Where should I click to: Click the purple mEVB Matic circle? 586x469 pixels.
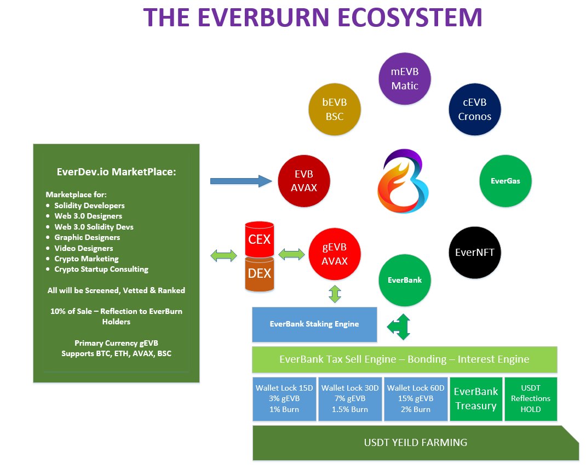click(x=405, y=78)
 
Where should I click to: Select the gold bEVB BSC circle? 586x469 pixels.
click(x=334, y=110)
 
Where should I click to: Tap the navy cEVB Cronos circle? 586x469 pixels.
click(x=474, y=110)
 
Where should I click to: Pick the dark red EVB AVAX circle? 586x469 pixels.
click(x=304, y=181)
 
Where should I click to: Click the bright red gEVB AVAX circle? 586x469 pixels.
click(x=335, y=254)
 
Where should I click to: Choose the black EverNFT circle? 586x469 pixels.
click(x=474, y=253)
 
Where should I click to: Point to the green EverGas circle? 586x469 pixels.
click(x=505, y=181)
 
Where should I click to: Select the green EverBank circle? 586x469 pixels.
click(x=405, y=280)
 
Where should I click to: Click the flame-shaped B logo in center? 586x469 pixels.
click(x=403, y=181)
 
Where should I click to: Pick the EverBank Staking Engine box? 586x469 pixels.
click(x=314, y=324)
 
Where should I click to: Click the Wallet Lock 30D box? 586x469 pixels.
click(x=350, y=399)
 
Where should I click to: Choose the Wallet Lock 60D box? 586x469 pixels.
click(x=416, y=399)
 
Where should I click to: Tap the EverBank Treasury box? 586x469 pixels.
click(x=476, y=399)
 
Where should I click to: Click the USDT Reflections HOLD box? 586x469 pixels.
click(x=530, y=399)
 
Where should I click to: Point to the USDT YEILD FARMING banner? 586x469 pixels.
click(x=415, y=443)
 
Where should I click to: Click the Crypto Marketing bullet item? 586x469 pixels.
click(x=87, y=259)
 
